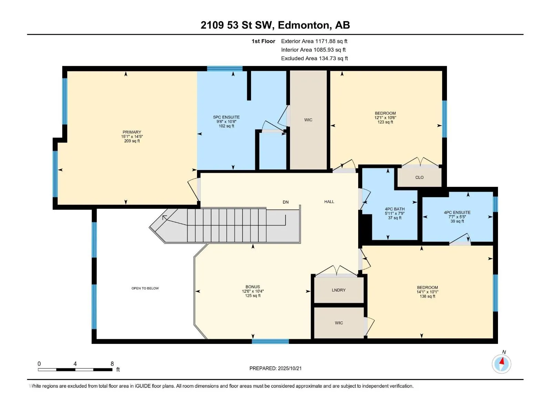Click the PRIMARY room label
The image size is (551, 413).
(132, 132)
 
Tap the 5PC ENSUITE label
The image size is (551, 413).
(226, 117)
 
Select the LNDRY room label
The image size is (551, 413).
(339, 290)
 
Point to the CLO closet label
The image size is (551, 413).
(419, 177)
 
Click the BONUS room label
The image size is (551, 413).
(252, 287)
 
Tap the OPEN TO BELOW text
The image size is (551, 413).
(145, 288)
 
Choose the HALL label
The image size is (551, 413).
(329, 202)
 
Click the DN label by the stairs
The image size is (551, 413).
(286, 202)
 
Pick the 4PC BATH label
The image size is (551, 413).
(395, 209)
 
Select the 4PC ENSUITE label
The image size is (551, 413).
(457, 212)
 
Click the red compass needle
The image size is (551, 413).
(502, 361)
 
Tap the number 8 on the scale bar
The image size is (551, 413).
(112, 363)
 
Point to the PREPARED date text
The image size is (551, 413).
(275, 368)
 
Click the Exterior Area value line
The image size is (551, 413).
(314, 41)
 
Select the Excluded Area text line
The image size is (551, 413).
(314, 59)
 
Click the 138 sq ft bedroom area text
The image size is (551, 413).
(427, 296)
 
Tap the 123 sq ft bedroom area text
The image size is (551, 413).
(385, 122)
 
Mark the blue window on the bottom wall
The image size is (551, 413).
(270, 341)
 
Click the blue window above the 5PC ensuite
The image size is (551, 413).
(225, 69)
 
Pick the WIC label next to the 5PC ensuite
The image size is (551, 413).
(308, 120)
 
